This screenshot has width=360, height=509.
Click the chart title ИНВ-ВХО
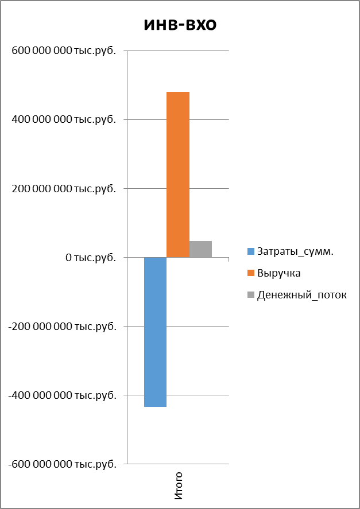click(180, 25)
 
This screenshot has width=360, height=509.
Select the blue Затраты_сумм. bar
click(155, 332)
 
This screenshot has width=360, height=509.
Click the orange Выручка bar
click(178, 174)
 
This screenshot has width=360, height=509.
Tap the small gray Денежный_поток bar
click(200, 249)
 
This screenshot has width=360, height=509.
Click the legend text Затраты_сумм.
click(295, 251)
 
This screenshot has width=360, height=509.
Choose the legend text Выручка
click(279, 273)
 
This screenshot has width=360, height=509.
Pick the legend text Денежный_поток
click(302, 295)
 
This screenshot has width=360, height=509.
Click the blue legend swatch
click(250, 251)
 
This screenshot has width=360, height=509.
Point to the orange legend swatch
click(250, 273)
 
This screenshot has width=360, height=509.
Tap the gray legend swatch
click(250, 295)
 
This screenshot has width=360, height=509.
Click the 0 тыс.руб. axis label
click(91, 257)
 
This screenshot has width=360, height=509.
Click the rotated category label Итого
click(179, 485)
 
